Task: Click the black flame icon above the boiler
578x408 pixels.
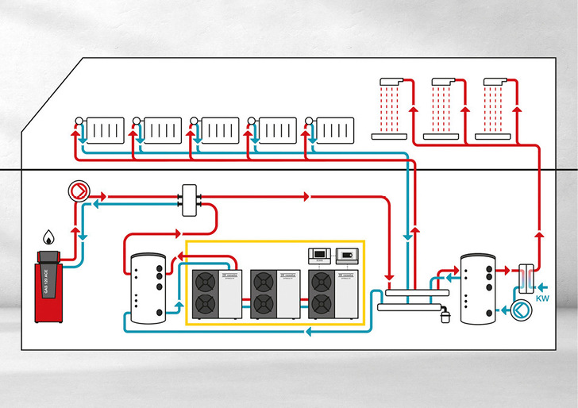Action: [48, 237]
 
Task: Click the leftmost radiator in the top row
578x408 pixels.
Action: [105, 129]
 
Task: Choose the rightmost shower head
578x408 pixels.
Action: [493, 81]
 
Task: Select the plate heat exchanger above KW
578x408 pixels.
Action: [526, 278]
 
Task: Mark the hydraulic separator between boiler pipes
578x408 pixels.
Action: [190, 199]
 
